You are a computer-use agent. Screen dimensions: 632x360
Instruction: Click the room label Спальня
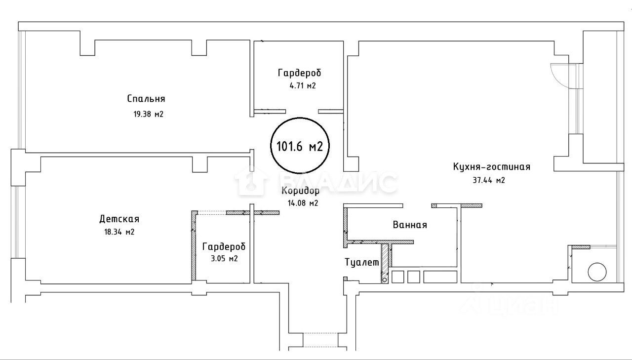[146, 99]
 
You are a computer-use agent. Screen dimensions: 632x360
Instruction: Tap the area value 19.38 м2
[145, 115]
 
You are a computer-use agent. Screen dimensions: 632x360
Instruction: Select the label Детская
[119, 219]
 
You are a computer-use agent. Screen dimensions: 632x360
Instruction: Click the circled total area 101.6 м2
[300, 146]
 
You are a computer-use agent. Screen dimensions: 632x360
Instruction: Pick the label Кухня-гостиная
[491, 167]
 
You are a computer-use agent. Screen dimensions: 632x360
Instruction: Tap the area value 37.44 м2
[488, 180]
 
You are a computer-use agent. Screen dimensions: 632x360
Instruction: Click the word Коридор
[300, 191]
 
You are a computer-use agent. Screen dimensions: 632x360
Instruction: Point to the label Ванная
[410, 225]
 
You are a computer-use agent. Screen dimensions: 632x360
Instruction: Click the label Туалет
[362, 263]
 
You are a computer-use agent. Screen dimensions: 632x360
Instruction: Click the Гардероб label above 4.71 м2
[299, 73]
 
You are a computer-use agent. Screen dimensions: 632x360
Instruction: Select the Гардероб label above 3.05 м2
[224, 247]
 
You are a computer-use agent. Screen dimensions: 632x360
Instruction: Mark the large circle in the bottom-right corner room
[596, 272]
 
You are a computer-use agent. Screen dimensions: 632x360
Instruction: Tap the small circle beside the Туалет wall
[385, 280]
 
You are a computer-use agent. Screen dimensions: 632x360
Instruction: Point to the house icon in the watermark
[251, 181]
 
